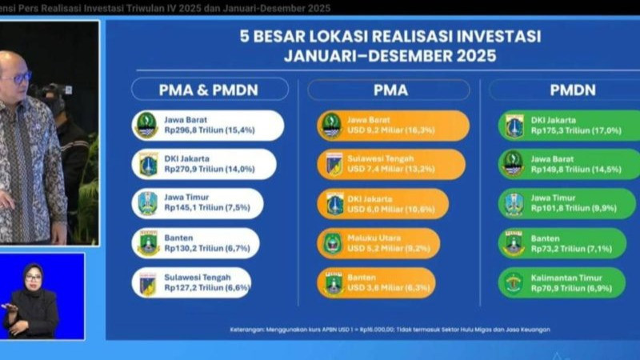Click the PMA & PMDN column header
[x=210, y=90]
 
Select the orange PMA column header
[x=390, y=90]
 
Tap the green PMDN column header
[x=572, y=90]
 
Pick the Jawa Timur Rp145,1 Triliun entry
[x=199, y=203]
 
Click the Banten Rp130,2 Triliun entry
[x=197, y=242]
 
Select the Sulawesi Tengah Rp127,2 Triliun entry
[x=193, y=282]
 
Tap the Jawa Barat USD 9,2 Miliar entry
[x=394, y=125]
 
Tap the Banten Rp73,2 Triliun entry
[x=563, y=242]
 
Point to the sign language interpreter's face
[x=34, y=278]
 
